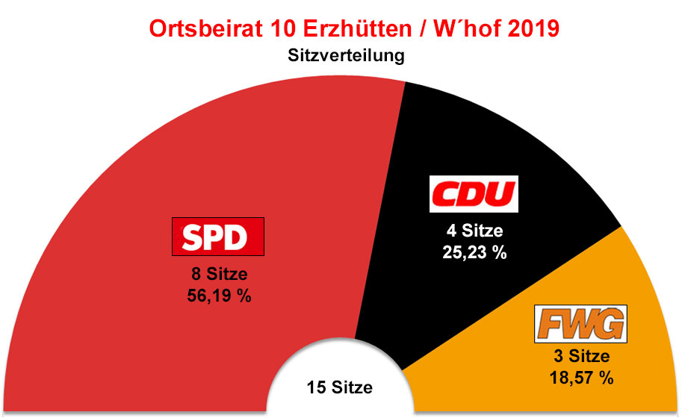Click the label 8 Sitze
219,275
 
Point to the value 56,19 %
219,296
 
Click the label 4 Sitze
473,231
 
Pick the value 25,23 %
473,252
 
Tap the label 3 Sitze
580,357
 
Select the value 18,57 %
580,378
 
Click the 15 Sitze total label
339,388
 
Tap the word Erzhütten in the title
358,29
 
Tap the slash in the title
422,29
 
